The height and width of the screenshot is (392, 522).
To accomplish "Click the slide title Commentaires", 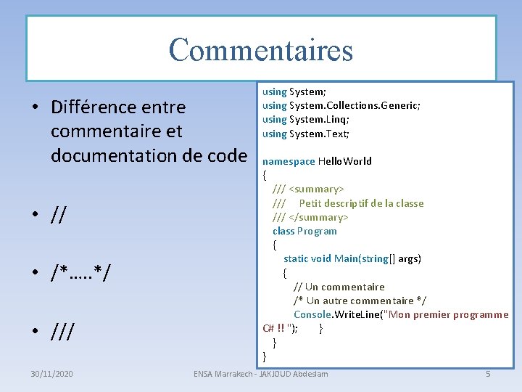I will coord(261,49).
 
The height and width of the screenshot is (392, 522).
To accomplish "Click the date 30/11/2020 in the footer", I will coord(51,374).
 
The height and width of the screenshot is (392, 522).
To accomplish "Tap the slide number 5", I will coord(488,374).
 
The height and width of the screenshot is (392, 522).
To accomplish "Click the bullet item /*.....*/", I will coord(80,274).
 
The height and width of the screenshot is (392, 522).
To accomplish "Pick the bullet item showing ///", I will coord(64,332).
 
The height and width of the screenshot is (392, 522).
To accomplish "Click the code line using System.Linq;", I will coord(306,120).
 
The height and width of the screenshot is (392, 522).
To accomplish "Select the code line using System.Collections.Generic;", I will coord(341,105).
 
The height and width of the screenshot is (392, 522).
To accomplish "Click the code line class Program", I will coord(304,231).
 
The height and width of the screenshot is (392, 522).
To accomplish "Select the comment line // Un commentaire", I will coord(339,287).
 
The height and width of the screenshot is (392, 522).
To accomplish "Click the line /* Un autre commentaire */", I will coord(360,301).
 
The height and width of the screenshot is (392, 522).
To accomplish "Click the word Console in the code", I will coord(312,314).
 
